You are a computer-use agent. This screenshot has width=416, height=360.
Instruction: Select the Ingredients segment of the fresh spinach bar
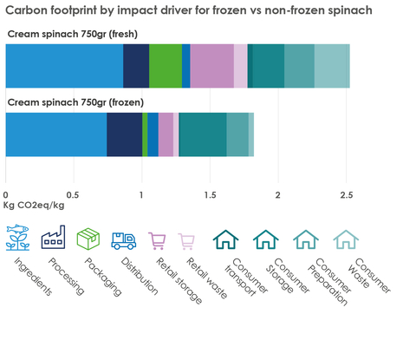pos(64,66)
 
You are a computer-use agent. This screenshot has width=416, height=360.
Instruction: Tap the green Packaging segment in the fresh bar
pos(166,66)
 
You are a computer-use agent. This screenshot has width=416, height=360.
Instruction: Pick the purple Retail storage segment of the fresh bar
pos(211,66)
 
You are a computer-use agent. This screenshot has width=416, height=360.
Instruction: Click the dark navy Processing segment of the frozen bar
pos(124,134)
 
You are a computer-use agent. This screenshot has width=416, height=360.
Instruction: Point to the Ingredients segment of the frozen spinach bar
pos(56,134)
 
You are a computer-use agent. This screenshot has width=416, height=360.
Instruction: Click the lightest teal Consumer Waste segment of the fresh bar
pos(332,66)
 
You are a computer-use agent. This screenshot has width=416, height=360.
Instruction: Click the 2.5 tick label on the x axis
pos(346,194)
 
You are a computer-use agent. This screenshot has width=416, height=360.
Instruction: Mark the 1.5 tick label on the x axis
pos(210,194)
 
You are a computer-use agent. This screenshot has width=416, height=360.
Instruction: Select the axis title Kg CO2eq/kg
pos(34,206)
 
